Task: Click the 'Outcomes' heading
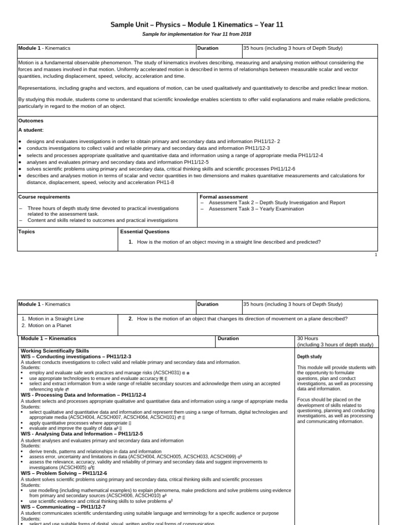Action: (x=31, y=121)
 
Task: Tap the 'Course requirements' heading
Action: (x=44, y=197)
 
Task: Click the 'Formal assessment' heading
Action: (x=223, y=197)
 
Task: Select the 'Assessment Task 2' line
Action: (x=277, y=203)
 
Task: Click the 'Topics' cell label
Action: (x=27, y=232)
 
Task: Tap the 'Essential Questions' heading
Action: (x=145, y=232)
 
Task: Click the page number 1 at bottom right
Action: (x=376, y=255)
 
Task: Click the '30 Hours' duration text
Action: (x=308, y=338)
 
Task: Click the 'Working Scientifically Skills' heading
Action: (x=55, y=351)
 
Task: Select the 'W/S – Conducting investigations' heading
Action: (x=76, y=356)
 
